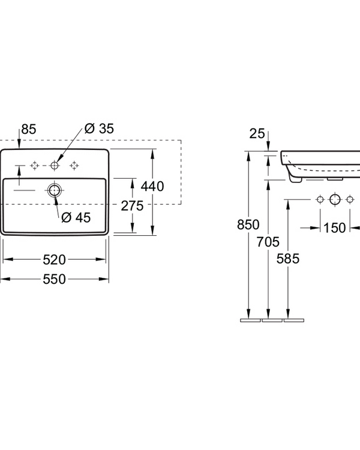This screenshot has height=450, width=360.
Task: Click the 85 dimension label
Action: click(x=28, y=128)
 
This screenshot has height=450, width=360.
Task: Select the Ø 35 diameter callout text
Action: click(x=99, y=128)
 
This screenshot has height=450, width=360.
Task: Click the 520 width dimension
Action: click(x=55, y=259)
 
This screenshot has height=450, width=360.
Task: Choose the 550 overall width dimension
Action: click(x=55, y=279)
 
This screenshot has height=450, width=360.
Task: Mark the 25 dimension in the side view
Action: click(x=257, y=133)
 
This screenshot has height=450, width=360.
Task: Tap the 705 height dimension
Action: click(x=268, y=242)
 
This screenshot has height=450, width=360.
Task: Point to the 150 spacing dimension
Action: click(x=334, y=227)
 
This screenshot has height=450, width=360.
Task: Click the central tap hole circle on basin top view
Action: click(x=55, y=165)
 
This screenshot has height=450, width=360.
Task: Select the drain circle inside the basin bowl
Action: click(x=55, y=191)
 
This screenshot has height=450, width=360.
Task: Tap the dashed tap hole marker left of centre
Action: click(x=35, y=165)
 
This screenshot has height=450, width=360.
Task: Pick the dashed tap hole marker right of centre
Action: click(x=75, y=165)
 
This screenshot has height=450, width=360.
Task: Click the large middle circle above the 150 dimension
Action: click(x=335, y=199)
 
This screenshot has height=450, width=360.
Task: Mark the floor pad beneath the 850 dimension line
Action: click(x=250, y=320)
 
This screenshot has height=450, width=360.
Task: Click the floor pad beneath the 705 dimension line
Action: click(x=271, y=320)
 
